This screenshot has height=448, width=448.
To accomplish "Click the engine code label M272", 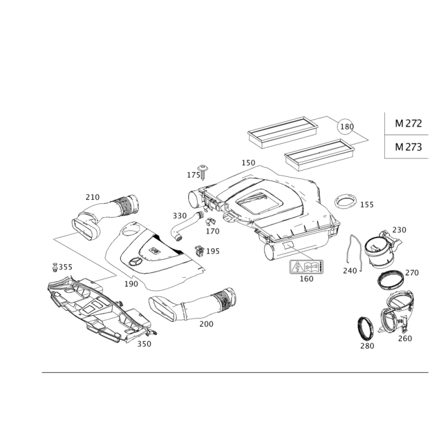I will point(408,124).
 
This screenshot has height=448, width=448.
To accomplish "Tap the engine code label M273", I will point(408,147).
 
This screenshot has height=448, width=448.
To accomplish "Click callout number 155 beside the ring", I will point(366,205).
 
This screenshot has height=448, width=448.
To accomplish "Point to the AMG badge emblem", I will point(305,267).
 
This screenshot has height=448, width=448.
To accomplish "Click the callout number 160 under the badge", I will point(306,278).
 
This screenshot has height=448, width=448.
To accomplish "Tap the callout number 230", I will point(399,230).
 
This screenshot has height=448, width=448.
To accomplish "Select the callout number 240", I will point(350,270).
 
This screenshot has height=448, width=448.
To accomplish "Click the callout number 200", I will point(206,324).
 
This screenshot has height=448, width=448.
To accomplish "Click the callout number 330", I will point(179,216).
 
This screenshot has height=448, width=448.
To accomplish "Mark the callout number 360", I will point(144,344).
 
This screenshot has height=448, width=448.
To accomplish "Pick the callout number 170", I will point(212,230).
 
